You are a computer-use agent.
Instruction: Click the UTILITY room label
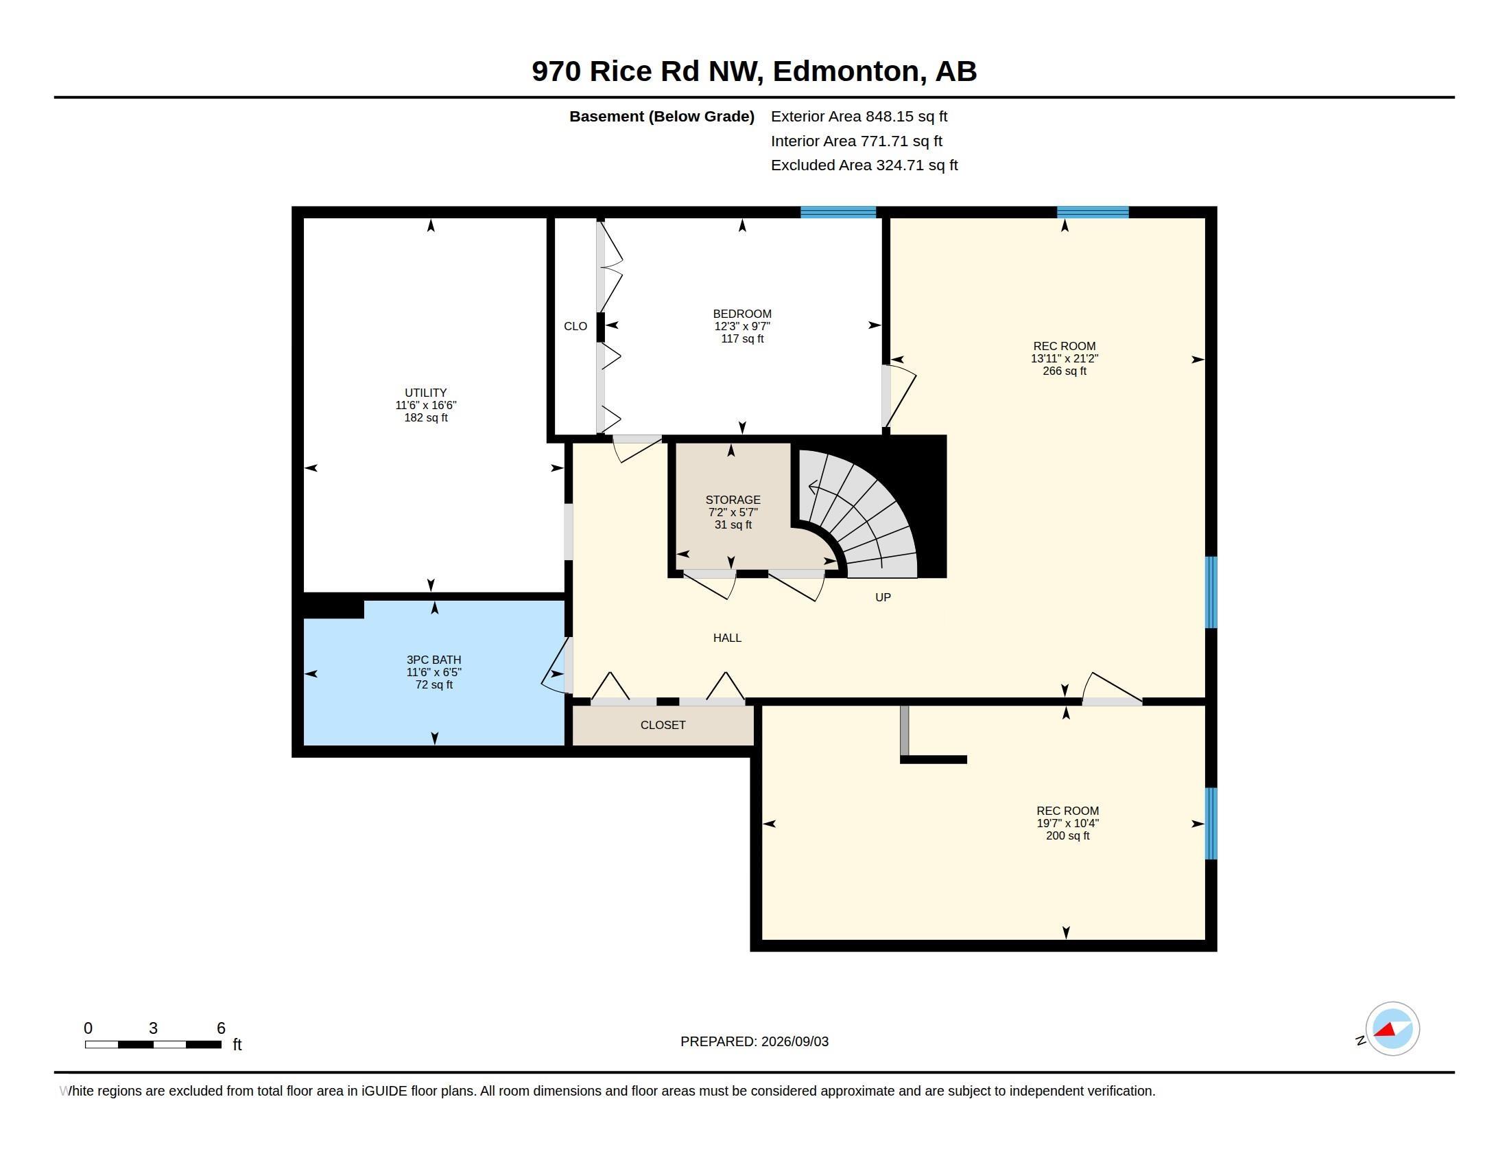click(x=426, y=393)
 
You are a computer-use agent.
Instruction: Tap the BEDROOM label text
click(x=742, y=314)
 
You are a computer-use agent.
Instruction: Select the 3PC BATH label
click(x=434, y=660)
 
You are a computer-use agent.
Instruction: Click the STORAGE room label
click(x=733, y=500)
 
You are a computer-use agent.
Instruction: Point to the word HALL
click(x=727, y=638)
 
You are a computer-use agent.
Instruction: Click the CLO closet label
click(x=575, y=326)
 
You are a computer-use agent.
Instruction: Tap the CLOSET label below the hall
click(x=663, y=725)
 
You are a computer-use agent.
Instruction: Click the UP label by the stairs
click(x=883, y=597)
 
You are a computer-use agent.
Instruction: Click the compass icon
click(x=1392, y=1029)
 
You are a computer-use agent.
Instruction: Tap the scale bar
click(x=154, y=1044)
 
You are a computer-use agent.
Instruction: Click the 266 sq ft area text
click(x=1064, y=371)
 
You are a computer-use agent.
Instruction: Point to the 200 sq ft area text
click(x=1067, y=836)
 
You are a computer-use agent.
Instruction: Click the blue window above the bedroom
click(x=838, y=212)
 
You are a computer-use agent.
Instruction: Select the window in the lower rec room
click(x=1211, y=823)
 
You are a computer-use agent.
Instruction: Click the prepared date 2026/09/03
click(x=794, y=1042)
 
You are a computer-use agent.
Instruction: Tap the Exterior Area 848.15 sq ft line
click(x=859, y=117)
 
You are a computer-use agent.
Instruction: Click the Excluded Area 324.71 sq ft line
click(x=864, y=165)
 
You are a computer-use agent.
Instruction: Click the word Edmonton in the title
click(x=846, y=71)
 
